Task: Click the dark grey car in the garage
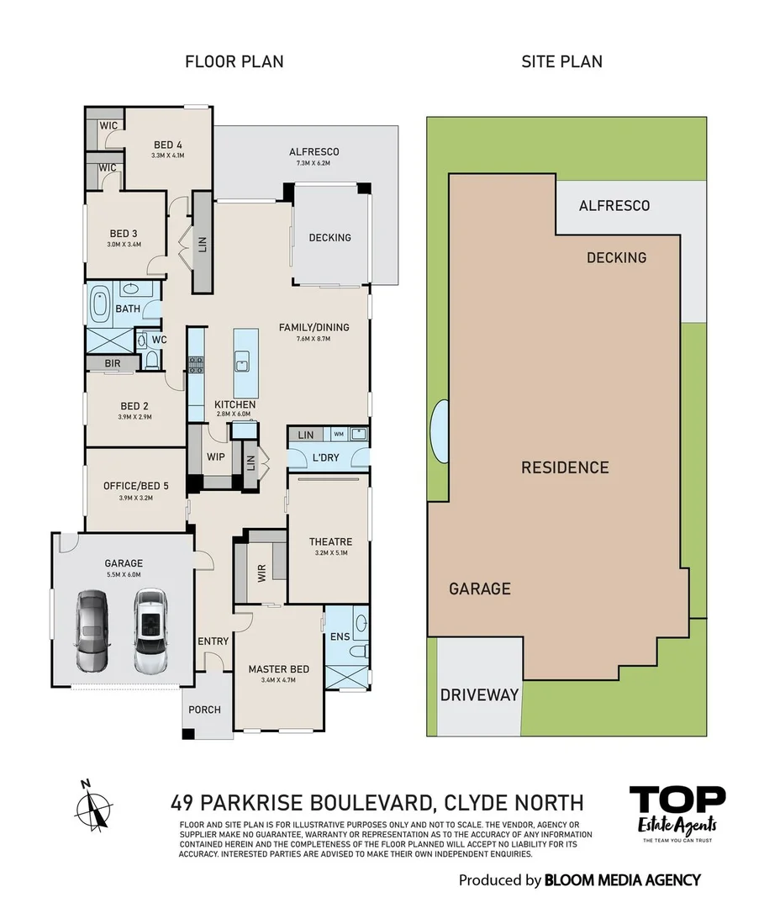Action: (92, 631)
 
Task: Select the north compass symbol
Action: (94, 805)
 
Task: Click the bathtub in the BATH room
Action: (100, 304)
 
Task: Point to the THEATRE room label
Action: (330, 542)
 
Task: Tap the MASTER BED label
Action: (278, 669)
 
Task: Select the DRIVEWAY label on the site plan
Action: (479, 695)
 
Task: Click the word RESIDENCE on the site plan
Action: (565, 467)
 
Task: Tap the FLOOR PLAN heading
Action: (234, 61)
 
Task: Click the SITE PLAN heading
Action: (561, 61)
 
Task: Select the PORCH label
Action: (204, 710)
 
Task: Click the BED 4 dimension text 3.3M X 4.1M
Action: (167, 156)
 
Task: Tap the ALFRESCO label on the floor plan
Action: (314, 151)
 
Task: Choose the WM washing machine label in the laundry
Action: (338, 434)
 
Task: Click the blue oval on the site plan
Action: (438, 427)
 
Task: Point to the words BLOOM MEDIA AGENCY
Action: (622, 880)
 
